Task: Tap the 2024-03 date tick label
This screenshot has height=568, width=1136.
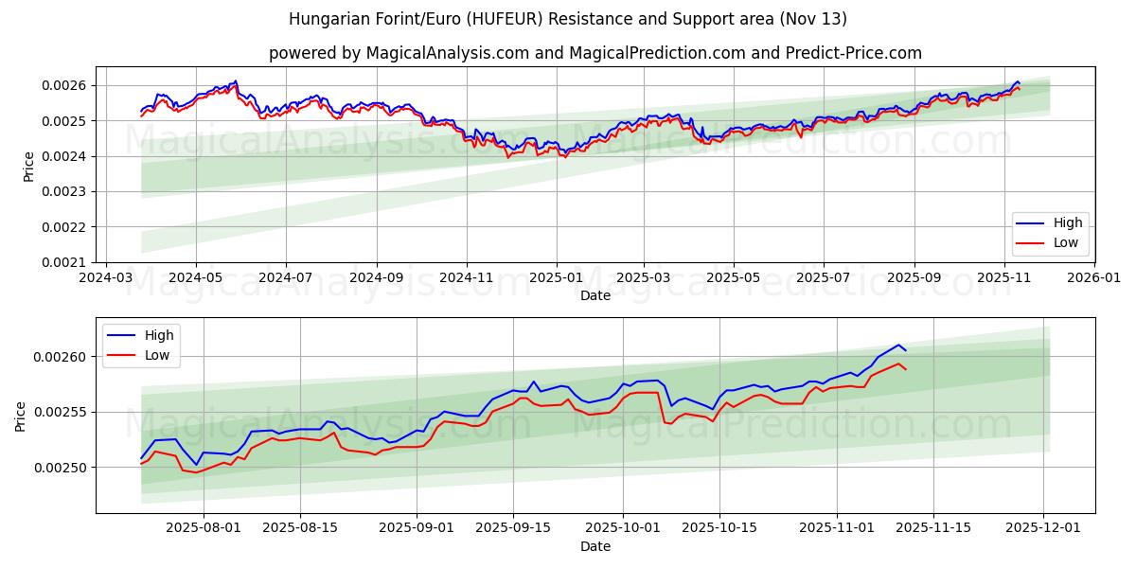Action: [105, 279]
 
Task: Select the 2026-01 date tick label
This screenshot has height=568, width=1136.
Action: [1093, 279]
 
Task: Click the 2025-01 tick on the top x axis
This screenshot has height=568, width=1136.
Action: [556, 279]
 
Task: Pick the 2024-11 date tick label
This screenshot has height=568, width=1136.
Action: [466, 279]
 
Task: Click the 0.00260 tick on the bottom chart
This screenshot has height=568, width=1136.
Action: [62, 357]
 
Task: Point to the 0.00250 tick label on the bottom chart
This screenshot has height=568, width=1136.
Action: [62, 468]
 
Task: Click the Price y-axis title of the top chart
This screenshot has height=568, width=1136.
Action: [28, 166]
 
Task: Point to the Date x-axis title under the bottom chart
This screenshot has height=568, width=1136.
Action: [595, 546]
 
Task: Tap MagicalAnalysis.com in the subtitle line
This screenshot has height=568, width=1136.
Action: [434, 53]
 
